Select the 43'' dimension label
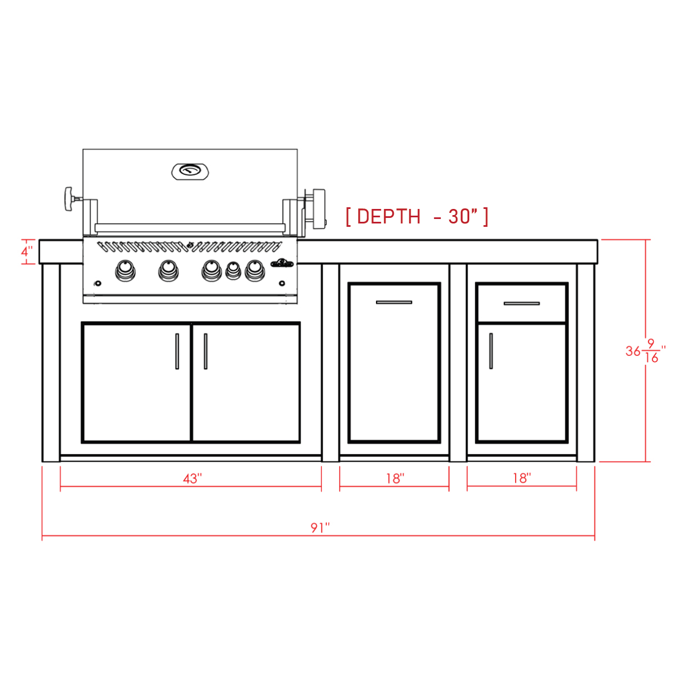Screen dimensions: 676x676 (193, 479)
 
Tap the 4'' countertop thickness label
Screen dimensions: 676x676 (27, 251)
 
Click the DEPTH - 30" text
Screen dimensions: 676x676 (417, 216)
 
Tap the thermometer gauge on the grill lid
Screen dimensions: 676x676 (190, 172)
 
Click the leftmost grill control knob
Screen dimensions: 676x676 (125, 270)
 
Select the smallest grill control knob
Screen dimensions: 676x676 (233, 270)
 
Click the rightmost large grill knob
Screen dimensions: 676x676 (255, 270)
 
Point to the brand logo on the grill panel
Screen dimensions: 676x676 (282, 263)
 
